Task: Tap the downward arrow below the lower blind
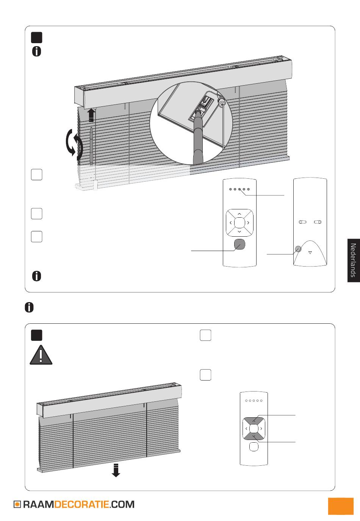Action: [x=116, y=470]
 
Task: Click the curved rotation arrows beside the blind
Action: [x=74, y=145]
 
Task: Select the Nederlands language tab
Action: [x=354, y=260]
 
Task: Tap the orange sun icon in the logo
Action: [x=17, y=504]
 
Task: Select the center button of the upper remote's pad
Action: [x=239, y=223]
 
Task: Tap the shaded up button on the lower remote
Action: [x=254, y=421]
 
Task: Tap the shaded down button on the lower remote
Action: [x=254, y=436]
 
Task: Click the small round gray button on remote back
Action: [x=298, y=249]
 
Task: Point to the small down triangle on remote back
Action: [x=310, y=252]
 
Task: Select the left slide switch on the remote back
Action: [x=302, y=222]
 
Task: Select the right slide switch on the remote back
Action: [x=318, y=222]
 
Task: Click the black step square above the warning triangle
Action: [x=36, y=335]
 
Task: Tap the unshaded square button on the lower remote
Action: [x=254, y=447]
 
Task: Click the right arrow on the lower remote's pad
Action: [x=261, y=429]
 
